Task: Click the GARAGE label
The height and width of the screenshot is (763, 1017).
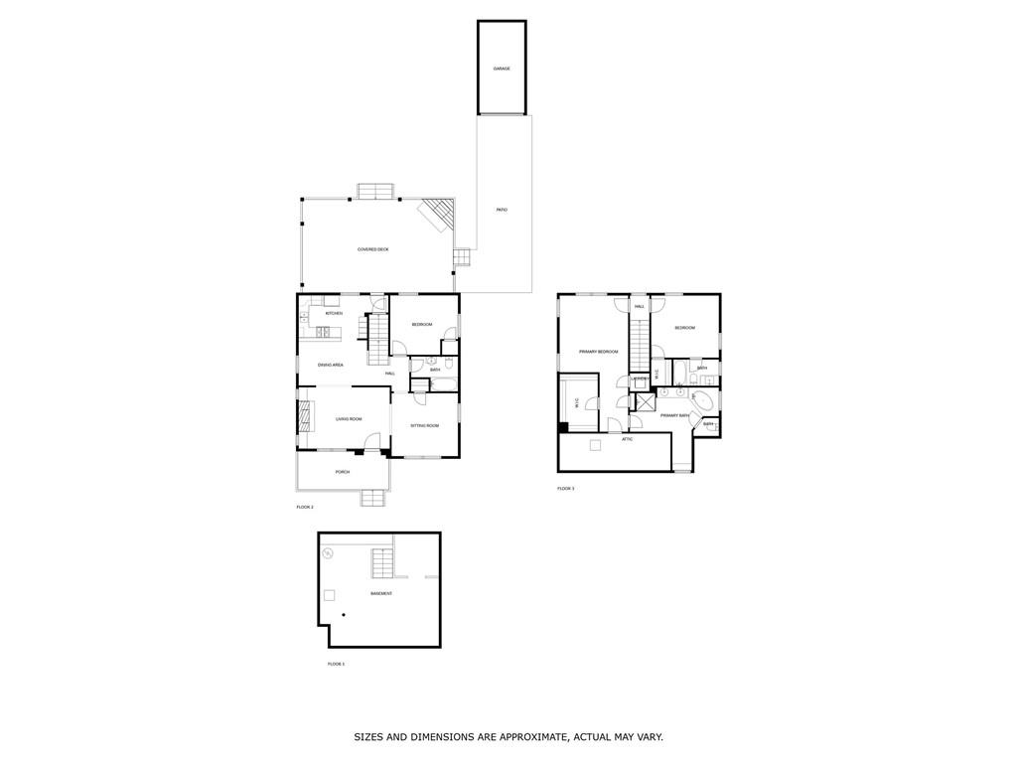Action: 502,69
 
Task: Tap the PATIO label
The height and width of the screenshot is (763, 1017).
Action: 502,210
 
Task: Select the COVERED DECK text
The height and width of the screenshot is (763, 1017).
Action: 373,249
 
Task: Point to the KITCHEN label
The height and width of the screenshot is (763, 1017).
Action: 334,313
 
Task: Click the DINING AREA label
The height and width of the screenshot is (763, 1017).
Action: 331,365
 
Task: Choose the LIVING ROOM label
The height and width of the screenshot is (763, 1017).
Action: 349,419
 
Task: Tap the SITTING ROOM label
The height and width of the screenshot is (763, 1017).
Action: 425,425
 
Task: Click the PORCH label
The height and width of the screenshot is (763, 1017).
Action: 343,472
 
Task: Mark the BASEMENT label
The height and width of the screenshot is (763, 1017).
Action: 381,593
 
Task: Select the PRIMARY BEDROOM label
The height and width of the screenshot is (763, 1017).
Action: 599,352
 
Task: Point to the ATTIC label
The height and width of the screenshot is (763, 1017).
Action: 628,438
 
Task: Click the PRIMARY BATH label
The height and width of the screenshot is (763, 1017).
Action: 675,415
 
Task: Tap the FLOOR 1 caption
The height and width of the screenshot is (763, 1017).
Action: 336,664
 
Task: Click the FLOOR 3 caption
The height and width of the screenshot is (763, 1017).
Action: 566,489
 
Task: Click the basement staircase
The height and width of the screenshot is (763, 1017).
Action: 383,563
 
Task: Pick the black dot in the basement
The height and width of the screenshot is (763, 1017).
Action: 343,616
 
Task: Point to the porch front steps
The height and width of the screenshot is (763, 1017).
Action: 373,498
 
